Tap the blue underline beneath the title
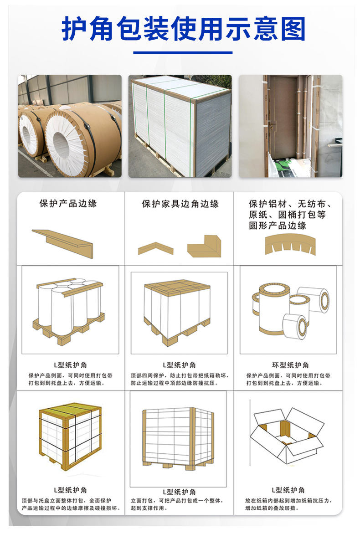[x=182, y=53]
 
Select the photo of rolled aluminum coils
[x=70, y=126]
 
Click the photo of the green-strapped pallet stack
[x=180, y=126]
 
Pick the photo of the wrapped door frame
[x=290, y=126]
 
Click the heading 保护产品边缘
[x=68, y=204]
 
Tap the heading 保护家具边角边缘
[x=180, y=204]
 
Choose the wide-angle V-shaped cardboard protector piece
[x=156, y=248]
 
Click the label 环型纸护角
[x=290, y=365]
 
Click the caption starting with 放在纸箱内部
[x=290, y=504]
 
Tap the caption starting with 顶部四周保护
[x=180, y=379]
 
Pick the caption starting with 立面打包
[x=180, y=504]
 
